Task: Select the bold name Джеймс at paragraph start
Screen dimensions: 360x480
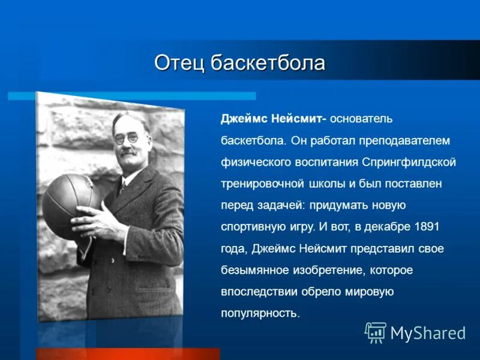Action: pyautogui.click(x=241, y=119)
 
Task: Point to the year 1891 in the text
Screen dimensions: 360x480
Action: pyautogui.click(x=427, y=226)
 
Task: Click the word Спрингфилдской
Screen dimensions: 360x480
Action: pyautogui.click(x=410, y=162)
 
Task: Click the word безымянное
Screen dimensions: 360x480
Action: pyautogui.click(x=251, y=270)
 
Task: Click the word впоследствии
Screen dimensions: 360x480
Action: pyautogui.click(x=256, y=292)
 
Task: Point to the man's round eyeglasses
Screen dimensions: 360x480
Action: pyautogui.click(x=127, y=138)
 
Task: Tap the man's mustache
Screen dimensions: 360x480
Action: pyautogui.click(x=128, y=151)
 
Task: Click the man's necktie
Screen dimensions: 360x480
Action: pyautogui.click(x=122, y=187)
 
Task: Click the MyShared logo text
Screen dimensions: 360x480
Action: pyautogui.click(x=428, y=332)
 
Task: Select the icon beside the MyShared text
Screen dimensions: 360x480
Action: pyautogui.click(x=376, y=332)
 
